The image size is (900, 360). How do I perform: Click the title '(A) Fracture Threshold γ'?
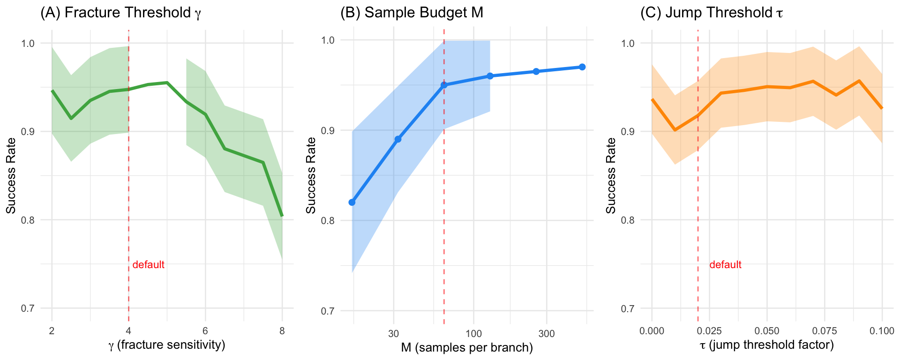(x=121, y=13)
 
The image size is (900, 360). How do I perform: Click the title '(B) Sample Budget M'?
(x=412, y=13)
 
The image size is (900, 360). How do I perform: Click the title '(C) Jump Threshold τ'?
(x=712, y=13)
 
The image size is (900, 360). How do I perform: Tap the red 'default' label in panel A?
(x=148, y=265)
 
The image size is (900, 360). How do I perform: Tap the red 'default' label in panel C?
(x=725, y=265)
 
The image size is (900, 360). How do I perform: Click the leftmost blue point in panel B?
(x=352, y=202)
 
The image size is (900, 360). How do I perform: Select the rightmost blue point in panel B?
(x=582, y=67)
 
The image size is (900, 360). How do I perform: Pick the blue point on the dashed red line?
(x=444, y=85)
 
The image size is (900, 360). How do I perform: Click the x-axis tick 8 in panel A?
(x=282, y=331)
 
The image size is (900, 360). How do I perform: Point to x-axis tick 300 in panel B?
(x=547, y=334)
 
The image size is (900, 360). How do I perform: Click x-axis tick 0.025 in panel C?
(x=709, y=331)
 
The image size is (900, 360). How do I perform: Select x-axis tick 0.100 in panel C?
(x=882, y=331)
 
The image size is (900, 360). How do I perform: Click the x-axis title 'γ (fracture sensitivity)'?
(x=167, y=345)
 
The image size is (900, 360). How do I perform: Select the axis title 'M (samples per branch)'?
(x=467, y=348)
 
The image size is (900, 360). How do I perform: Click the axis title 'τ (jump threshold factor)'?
(x=767, y=345)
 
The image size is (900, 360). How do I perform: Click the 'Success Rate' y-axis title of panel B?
(x=311, y=175)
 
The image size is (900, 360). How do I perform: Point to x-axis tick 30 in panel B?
(x=394, y=334)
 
